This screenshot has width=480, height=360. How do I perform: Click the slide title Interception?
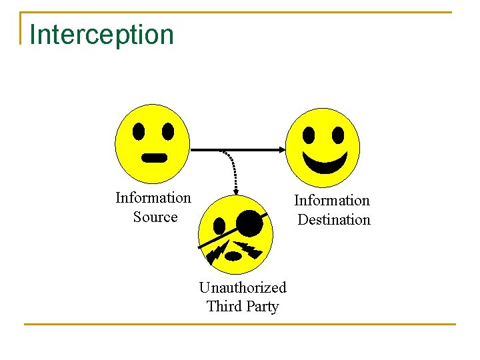[101, 35]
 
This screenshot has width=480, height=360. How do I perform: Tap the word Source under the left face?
[155, 217]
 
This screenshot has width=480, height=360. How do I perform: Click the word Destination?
[333, 220]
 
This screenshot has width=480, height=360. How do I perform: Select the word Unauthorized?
[243, 288]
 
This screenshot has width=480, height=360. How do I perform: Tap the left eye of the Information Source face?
[139, 131]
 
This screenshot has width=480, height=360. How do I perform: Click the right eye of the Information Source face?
[168, 131]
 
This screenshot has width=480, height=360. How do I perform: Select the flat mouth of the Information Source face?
[155, 158]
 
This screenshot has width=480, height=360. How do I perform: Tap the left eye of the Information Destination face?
[309, 135]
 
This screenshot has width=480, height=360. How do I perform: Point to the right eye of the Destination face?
[338, 135]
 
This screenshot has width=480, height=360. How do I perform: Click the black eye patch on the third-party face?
[249, 223]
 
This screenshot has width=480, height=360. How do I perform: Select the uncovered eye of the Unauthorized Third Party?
[220, 225]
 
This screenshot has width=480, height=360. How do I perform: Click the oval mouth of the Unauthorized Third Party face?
[233, 256]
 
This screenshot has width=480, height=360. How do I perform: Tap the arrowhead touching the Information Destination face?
[281, 150]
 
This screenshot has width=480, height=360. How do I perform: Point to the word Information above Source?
[153, 198]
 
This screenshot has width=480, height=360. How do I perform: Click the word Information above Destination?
[332, 201]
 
